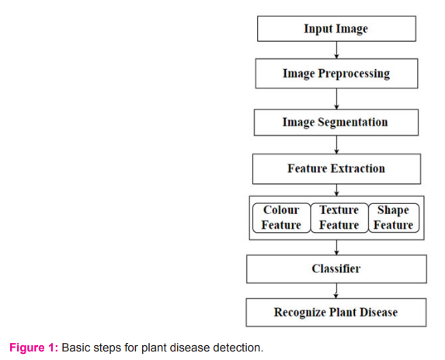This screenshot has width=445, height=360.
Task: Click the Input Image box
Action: pyautogui.click(x=336, y=29)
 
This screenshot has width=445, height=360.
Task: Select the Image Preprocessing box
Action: pyautogui.click(x=336, y=74)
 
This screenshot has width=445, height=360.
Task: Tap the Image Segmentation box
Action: pyautogui.click(x=336, y=122)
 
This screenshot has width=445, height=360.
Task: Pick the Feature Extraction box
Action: pyautogui.click(x=336, y=169)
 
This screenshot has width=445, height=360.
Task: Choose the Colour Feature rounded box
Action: pyautogui.click(x=282, y=218)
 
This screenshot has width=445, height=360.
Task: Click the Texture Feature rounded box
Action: pyautogui.click(x=339, y=218)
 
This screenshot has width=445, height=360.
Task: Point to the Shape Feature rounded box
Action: pyautogui.click(x=394, y=218)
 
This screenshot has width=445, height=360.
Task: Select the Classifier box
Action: pyautogui.click(x=336, y=269)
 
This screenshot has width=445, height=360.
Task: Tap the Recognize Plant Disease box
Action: pyautogui.click(x=336, y=312)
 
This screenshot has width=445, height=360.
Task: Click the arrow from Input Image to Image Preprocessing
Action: pyautogui.click(x=336, y=50)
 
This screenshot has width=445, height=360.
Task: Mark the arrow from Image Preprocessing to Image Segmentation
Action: pyautogui.click(x=336, y=99)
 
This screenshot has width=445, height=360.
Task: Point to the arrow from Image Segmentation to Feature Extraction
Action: pyautogui.click(x=336, y=144)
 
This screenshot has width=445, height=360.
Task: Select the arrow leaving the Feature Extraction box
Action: pyautogui.click(x=336, y=190)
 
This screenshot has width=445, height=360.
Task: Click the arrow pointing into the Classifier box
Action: pyautogui.click(x=336, y=247)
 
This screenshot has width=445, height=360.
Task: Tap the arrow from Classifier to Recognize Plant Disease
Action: pyautogui.click(x=336, y=290)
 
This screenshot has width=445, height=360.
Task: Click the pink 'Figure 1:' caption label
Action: pyautogui.click(x=33, y=348)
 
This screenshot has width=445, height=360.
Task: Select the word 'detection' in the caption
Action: pyautogui.click(x=238, y=348)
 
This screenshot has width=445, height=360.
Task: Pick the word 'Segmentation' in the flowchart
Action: pyautogui.click(x=353, y=122)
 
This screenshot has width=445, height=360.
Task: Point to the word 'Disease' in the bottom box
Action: pyautogui.click(x=378, y=312)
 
